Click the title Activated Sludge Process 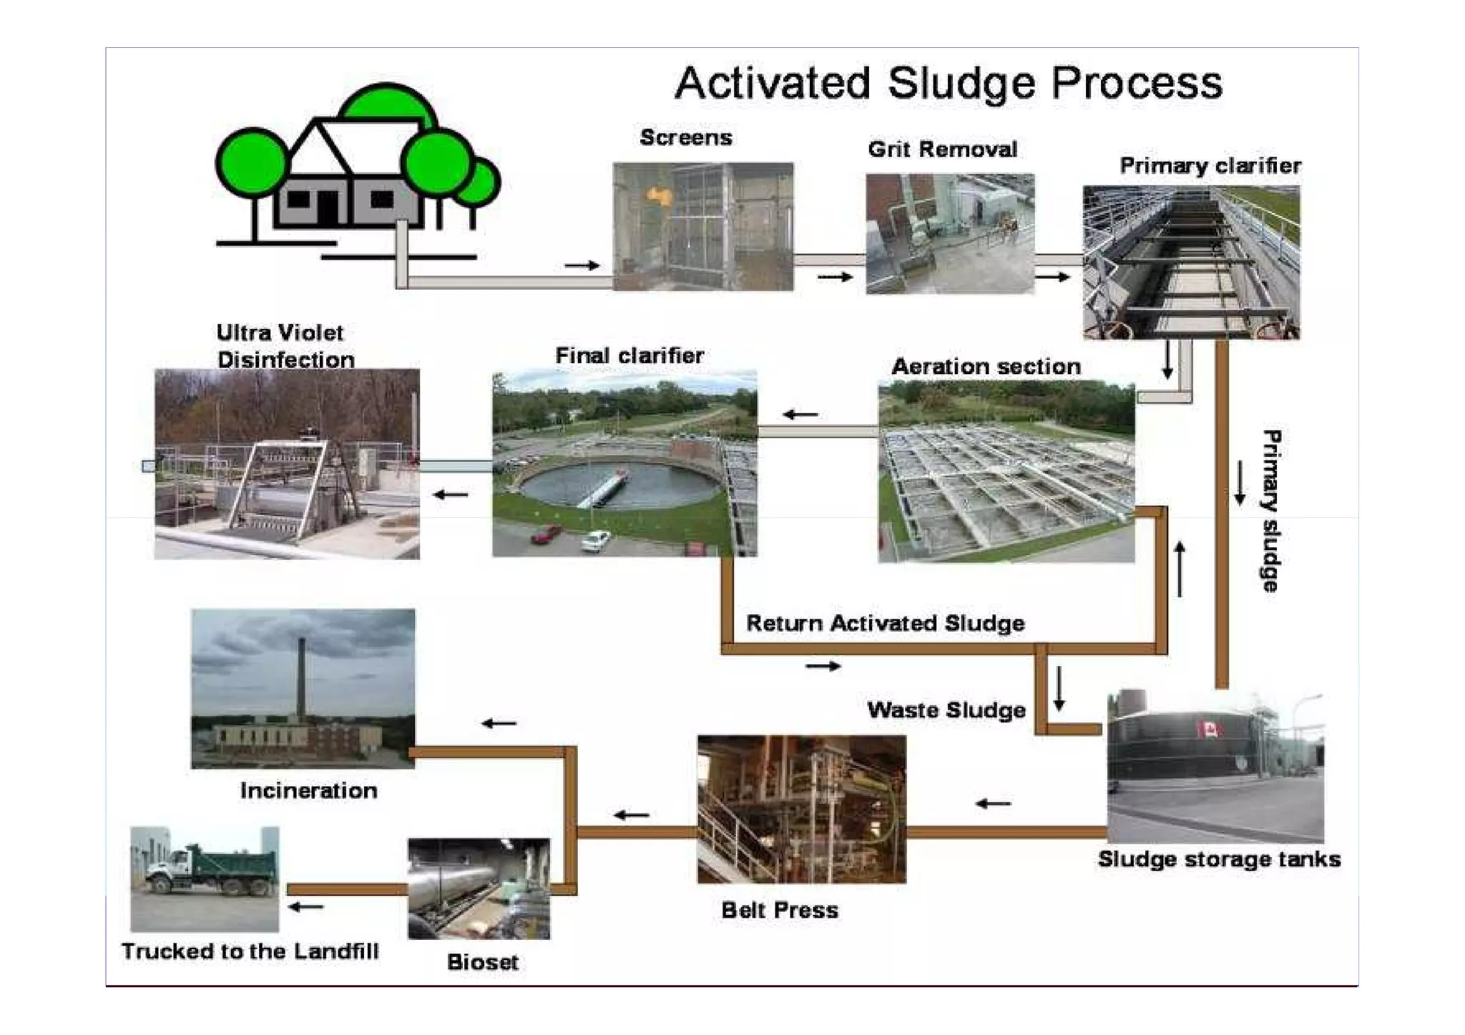(x=949, y=83)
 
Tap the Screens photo (x=702, y=226)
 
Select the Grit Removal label (x=942, y=149)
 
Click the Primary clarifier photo (x=1191, y=263)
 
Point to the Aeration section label (x=986, y=366)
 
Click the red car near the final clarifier (x=547, y=534)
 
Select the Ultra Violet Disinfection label (x=285, y=346)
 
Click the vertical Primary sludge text (x=1270, y=511)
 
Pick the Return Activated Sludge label (x=885, y=623)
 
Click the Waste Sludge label (x=946, y=710)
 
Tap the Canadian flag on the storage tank (x=1210, y=730)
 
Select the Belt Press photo (x=801, y=809)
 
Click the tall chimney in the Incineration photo (x=302, y=680)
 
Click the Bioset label (x=482, y=962)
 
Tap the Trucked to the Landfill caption (x=250, y=951)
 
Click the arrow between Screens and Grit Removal (x=835, y=277)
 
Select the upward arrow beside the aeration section (x=1180, y=569)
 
